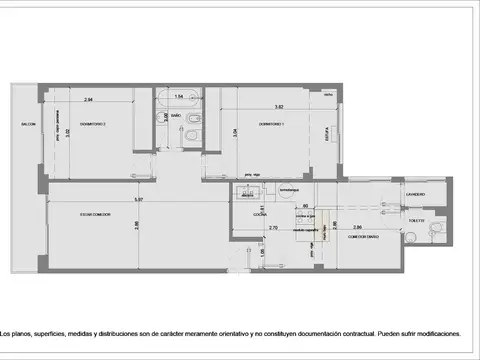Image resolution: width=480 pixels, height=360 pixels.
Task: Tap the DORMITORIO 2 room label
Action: click(91, 124)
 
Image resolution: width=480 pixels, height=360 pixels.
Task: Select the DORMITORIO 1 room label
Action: click(272, 124)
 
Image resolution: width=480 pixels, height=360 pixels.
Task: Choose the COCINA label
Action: click(258, 213)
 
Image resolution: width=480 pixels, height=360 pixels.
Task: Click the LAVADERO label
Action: click(416, 194)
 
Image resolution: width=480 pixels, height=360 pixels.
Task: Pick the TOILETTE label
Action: click(416, 221)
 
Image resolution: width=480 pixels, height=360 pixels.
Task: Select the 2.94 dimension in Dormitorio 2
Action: click(88, 100)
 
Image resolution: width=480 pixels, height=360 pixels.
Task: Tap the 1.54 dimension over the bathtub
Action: click(179, 97)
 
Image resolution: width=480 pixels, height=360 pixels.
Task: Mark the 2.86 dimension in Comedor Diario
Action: click(357, 228)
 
